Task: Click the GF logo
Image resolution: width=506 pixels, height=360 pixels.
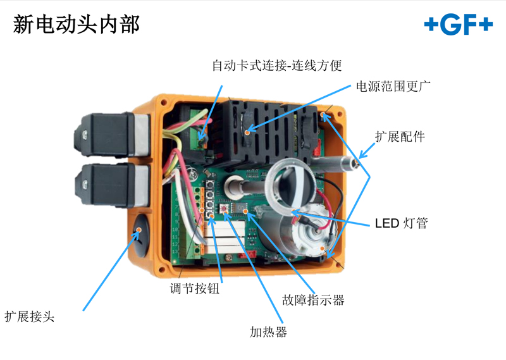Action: [x=458, y=24]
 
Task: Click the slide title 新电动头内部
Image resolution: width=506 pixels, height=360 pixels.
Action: [x=76, y=24]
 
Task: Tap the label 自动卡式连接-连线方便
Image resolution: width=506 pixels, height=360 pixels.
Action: [x=277, y=66]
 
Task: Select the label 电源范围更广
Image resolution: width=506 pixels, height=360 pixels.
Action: [x=393, y=86]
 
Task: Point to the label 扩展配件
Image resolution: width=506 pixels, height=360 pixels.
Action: [x=400, y=137]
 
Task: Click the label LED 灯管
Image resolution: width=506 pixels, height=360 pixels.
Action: [x=402, y=223]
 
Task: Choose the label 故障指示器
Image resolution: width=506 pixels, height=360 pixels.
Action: [x=313, y=300]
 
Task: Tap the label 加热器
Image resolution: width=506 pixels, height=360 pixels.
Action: [x=268, y=332]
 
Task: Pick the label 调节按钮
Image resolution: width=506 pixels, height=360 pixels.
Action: [x=195, y=289]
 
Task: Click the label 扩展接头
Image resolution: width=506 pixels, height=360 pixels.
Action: [x=29, y=316]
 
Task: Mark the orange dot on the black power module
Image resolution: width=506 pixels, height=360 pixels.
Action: [x=247, y=132]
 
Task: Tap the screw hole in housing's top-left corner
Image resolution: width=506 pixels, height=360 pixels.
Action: [x=164, y=103]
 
